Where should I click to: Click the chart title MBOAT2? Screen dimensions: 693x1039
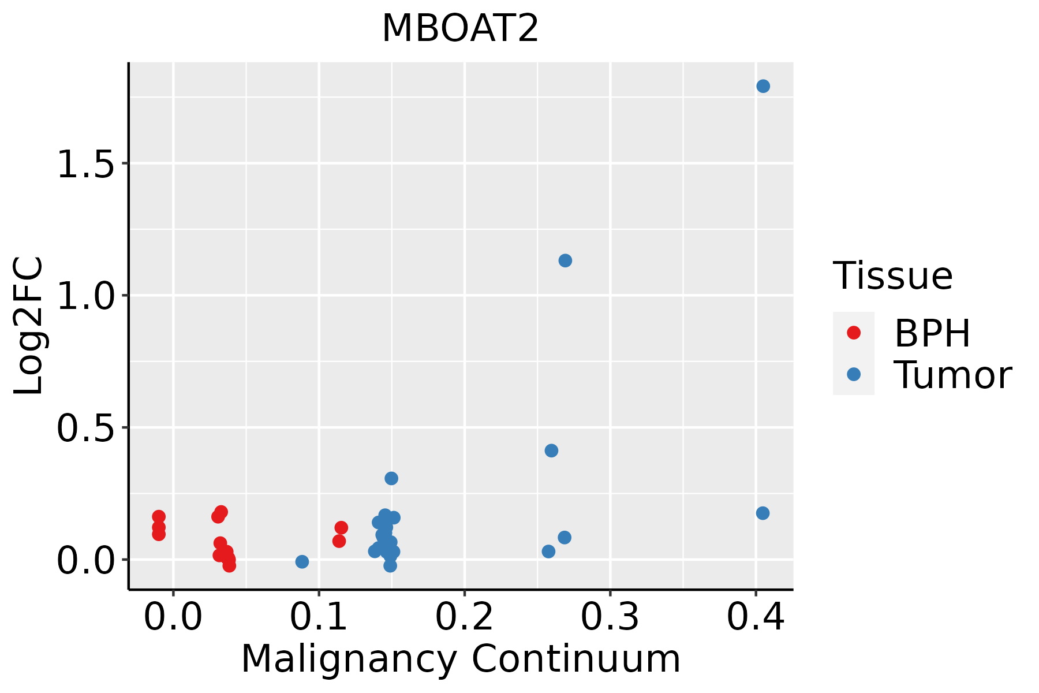pos(460,29)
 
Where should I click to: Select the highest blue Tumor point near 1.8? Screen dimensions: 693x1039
pos(763,86)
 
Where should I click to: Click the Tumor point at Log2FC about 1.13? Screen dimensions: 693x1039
pos(565,260)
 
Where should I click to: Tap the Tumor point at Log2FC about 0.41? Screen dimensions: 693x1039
pos(551,450)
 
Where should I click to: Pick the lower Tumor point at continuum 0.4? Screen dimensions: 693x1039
pos(763,513)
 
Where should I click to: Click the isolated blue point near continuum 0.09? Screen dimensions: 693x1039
pos(302,561)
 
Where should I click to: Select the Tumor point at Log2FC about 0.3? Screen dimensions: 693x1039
pos(391,478)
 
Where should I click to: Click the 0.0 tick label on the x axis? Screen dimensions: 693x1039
pos(173,617)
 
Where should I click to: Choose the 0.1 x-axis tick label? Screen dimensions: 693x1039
pos(319,617)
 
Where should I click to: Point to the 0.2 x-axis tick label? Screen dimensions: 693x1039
pos(464,617)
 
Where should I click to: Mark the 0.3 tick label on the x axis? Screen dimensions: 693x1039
pos(610,617)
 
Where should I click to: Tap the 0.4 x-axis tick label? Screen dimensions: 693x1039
pos(755,617)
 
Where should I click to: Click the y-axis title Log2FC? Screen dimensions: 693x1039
pos(29,326)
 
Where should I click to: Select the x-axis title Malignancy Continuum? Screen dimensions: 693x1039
pos(461,659)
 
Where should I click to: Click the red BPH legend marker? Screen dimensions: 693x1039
pos(853,333)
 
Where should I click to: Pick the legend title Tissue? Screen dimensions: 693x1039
pos(892,276)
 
